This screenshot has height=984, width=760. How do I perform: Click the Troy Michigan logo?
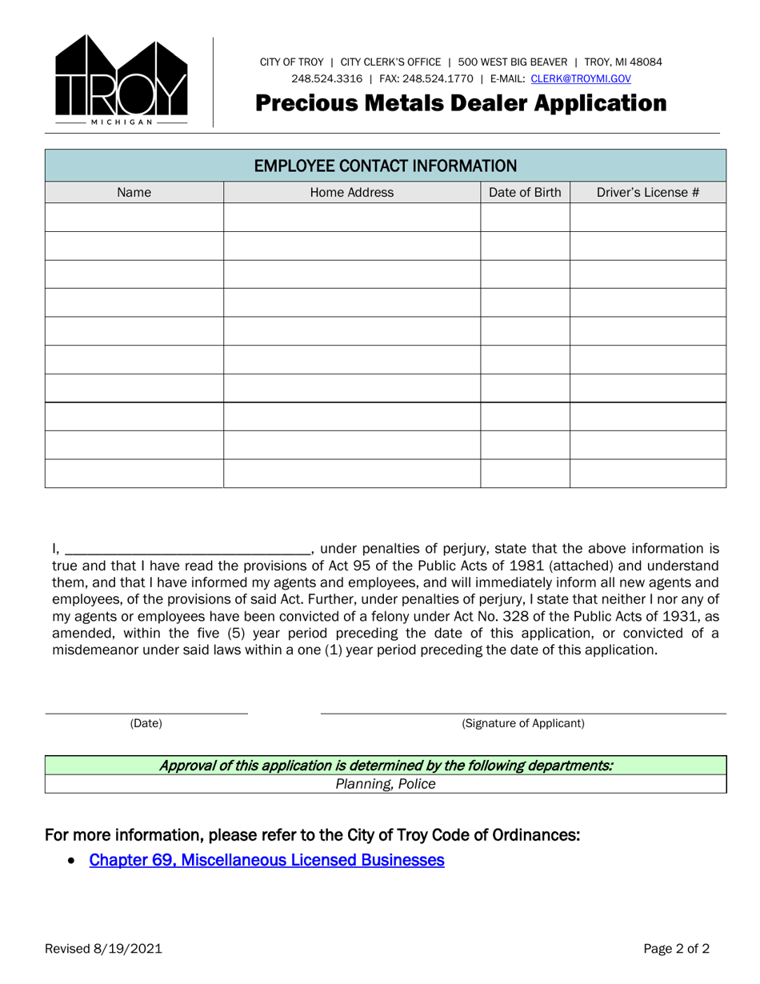122,81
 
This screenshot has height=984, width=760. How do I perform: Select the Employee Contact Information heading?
385,166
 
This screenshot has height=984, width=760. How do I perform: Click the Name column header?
134,192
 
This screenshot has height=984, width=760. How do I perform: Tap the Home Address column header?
351,192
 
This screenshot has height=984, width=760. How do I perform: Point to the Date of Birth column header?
525,192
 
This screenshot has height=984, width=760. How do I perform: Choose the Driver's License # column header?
648,192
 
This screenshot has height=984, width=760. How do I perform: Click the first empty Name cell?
134,218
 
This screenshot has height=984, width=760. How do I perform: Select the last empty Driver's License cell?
648,474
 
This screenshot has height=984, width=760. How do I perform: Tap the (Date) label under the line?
146,723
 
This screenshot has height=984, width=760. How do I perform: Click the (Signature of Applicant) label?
523,723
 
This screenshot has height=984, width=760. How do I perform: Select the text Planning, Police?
386,784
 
